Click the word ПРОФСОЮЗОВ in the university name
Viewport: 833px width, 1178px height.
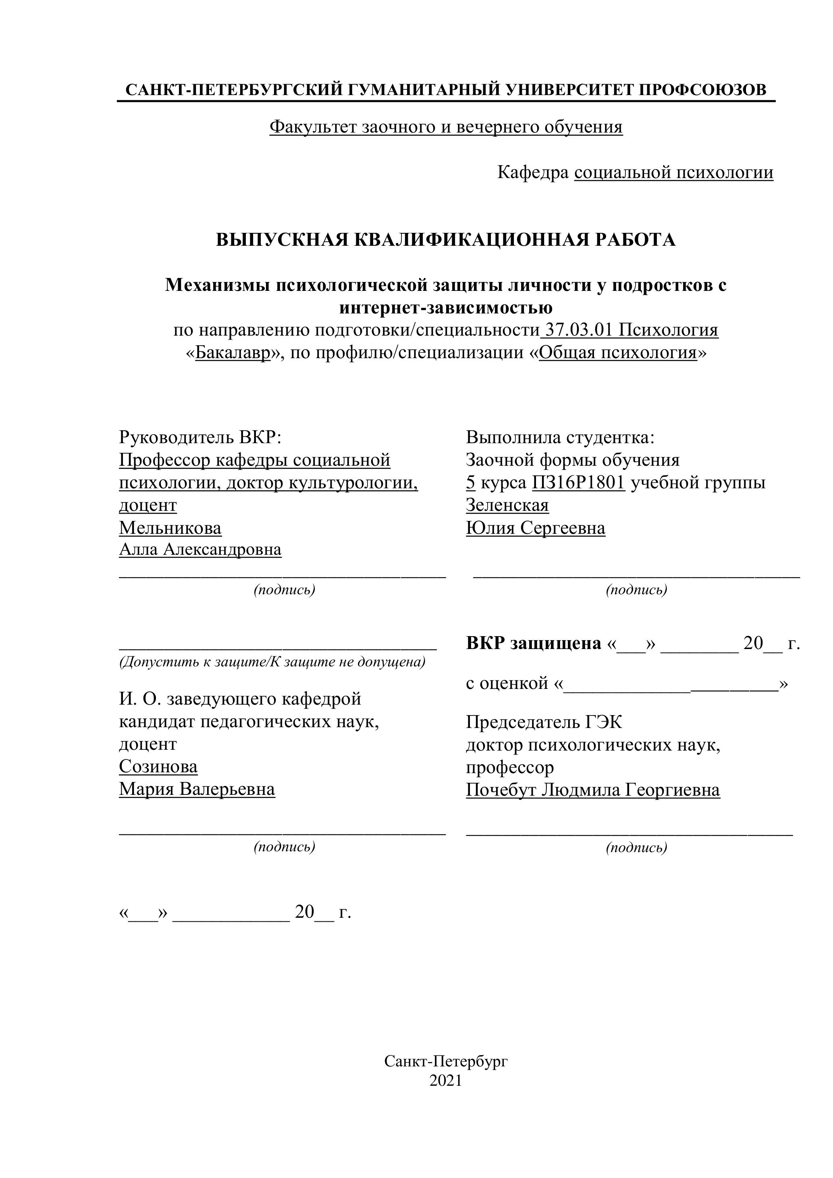point(702,90)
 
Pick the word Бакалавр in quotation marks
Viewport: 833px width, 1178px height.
point(233,353)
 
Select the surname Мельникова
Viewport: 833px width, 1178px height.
point(170,527)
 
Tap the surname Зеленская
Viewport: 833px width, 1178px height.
point(507,505)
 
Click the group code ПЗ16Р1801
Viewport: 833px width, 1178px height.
point(578,483)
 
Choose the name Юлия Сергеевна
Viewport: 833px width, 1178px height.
point(535,528)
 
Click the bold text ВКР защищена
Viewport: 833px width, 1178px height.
point(533,643)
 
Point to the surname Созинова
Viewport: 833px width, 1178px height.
point(158,767)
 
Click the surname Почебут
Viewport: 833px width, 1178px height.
point(501,790)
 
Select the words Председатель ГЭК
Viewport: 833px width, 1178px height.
point(544,722)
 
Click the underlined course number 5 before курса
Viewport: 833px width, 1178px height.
point(470,483)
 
